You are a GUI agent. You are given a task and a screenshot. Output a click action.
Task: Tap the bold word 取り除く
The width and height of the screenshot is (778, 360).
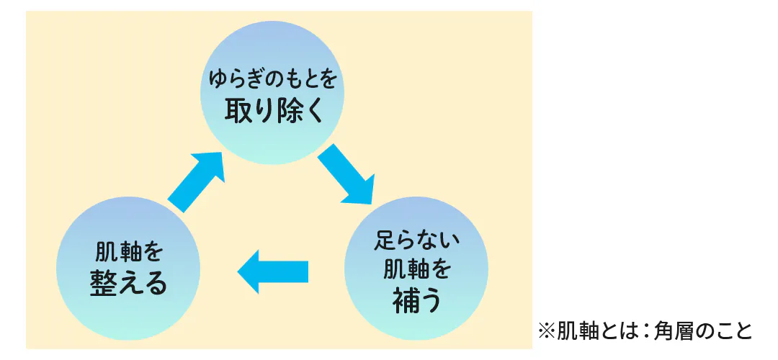coord(272,112)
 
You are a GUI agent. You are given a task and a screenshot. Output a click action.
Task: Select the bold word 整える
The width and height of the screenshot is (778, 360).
coord(128,283)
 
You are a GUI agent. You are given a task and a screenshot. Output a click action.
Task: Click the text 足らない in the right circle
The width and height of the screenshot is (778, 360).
coord(416,239)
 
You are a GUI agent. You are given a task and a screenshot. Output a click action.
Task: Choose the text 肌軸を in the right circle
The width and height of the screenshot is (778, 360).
coord(416,269)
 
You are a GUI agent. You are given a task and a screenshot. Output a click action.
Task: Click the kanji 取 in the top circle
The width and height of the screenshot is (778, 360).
coord(237,112)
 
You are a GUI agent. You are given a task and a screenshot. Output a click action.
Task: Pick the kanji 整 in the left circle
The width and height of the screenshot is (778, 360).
coord(102,283)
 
